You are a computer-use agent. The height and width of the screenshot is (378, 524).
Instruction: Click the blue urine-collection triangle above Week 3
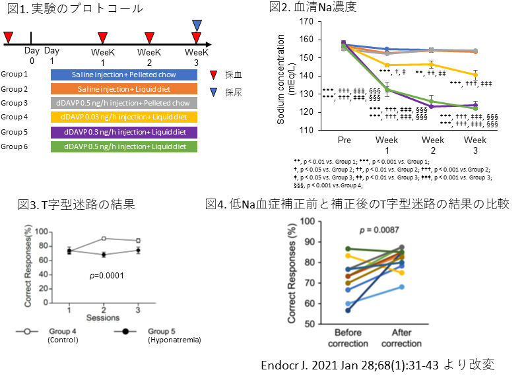(x=197, y=25)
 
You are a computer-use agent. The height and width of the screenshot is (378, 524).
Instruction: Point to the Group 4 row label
(x=15, y=117)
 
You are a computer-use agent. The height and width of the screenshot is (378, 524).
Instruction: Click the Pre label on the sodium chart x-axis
(x=344, y=141)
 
